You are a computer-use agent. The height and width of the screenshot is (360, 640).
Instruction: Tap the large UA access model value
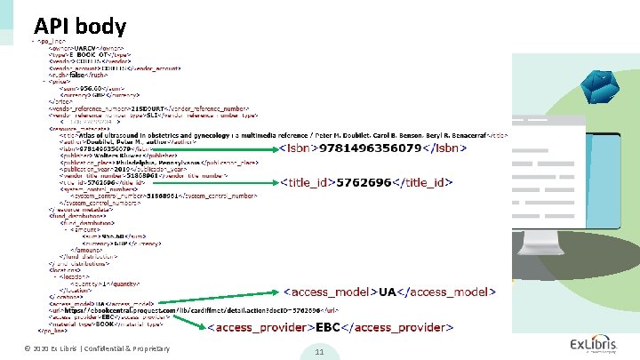coord(388,292)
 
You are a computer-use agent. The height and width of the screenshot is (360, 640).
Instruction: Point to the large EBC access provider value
coord(331,328)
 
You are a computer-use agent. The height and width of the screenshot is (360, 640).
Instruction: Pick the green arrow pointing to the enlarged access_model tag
coord(222,297)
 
